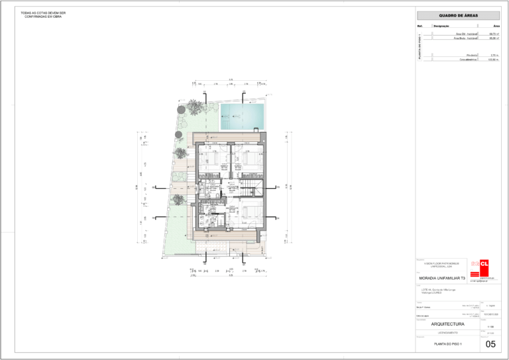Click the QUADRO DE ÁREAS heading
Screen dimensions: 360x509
tap(458, 15)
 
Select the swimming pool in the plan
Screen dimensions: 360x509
tap(241, 117)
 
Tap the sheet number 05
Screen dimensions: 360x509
tap(490, 344)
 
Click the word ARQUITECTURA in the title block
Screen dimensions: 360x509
tap(448, 324)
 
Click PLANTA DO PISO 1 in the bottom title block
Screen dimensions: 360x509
tap(448, 344)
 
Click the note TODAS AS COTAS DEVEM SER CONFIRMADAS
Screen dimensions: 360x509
tap(43, 15)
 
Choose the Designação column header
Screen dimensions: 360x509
tap(441, 26)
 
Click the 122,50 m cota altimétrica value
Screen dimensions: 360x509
tap(493, 60)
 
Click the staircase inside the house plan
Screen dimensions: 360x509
tap(251, 187)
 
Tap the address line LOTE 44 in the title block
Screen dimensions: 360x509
tap(434, 290)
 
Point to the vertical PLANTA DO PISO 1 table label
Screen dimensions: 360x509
tap(420, 46)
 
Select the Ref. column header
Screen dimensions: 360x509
tap(420, 26)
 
